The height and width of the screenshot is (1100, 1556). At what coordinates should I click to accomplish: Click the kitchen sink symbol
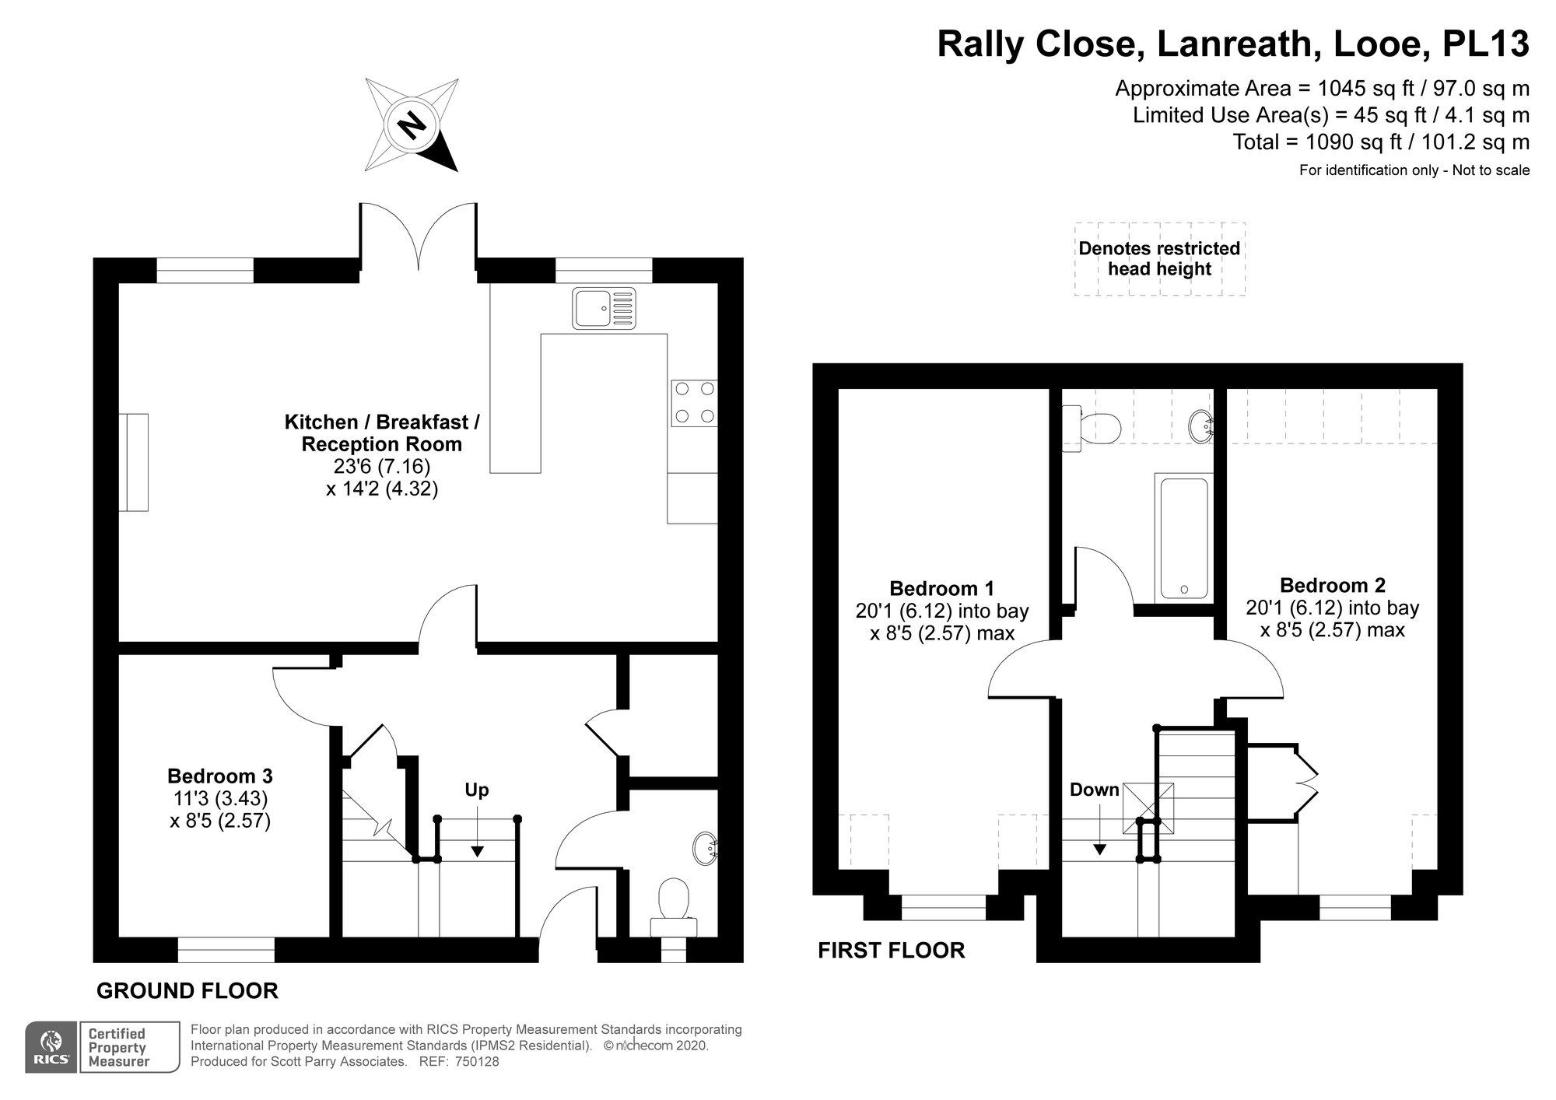pyautogui.click(x=604, y=308)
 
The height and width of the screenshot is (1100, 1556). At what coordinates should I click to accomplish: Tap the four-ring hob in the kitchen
pyautogui.click(x=694, y=403)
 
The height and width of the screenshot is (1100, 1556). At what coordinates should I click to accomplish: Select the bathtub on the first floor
pyautogui.click(x=1184, y=538)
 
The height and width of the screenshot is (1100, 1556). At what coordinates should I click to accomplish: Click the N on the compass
pyautogui.click(x=411, y=124)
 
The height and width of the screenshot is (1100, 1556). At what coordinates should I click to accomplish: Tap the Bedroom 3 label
pyautogui.click(x=220, y=776)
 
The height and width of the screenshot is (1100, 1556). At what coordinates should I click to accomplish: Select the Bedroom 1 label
pyautogui.click(x=941, y=588)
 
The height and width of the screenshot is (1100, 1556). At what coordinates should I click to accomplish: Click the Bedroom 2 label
pyautogui.click(x=1332, y=585)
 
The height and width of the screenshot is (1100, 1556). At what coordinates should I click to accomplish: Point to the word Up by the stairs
pyautogui.click(x=476, y=790)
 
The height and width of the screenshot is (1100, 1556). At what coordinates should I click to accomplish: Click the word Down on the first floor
pyautogui.click(x=1094, y=790)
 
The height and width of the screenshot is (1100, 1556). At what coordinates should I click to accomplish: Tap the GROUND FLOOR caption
pyautogui.click(x=187, y=990)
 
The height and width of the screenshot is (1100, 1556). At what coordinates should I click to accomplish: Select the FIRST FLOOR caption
pyautogui.click(x=891, y=950)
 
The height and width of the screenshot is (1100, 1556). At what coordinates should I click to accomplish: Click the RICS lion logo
pyautogui.click(x=51, y=1047)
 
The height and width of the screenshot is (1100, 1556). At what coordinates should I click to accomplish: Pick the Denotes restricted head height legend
pyautogui.click(x=1159, y=259)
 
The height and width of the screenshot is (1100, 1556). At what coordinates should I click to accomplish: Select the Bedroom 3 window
pyautogui.click(x=226, y=950)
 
